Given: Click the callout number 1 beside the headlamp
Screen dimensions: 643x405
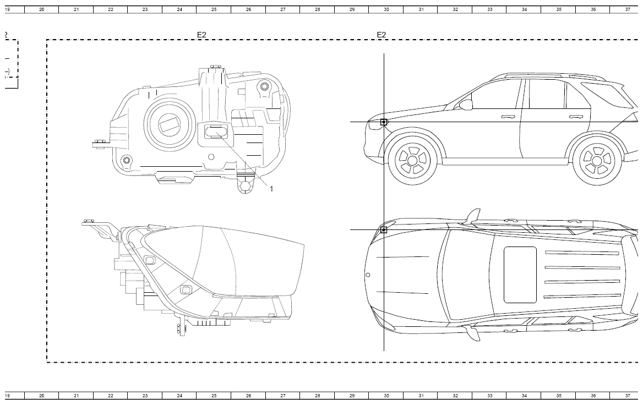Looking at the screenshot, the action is tap(271, 189).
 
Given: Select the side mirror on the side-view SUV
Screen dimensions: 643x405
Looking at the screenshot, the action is tap(466, 105).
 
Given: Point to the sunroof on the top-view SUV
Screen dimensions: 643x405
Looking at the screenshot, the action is tap(520, 275).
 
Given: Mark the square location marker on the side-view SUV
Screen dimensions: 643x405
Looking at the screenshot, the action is tap(384, 122).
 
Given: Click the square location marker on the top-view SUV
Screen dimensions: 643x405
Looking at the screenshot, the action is tap(384, 230).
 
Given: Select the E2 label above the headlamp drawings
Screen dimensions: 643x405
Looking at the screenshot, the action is tap(201, 35).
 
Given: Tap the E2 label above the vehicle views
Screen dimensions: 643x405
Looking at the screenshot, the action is tap(382, 35).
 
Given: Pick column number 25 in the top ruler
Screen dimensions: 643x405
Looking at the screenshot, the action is tap(214, 9).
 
